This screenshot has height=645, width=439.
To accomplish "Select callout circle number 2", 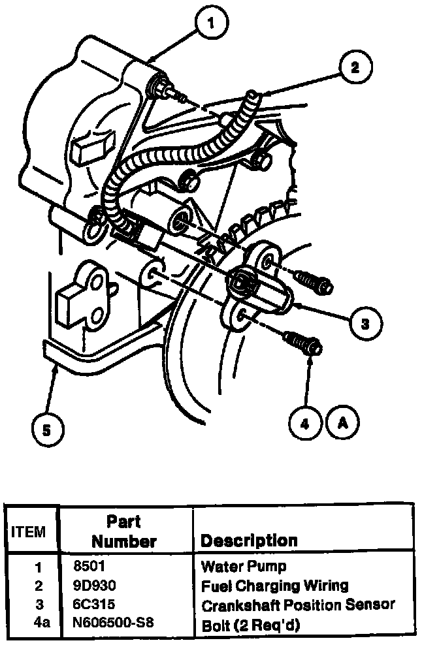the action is pyautogui.click(x=353, y=68).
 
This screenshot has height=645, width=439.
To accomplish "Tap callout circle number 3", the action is pyautogui.click(x=365, y=322).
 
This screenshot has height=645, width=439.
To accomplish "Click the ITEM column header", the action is pyautogui.click(x=29, y=532).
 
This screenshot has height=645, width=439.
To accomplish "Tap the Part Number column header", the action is pyautogui.click(x=124, y=531).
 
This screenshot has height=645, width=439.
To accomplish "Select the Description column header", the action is pyautogui.click(x=248, y=541).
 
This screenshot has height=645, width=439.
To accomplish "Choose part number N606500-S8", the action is pyautogui.click(x=114, y=623).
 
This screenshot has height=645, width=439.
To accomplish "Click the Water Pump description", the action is pyautogui.click(x=243, y=566).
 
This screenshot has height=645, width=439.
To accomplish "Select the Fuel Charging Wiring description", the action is pyautogui.click(x=274, y=585).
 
